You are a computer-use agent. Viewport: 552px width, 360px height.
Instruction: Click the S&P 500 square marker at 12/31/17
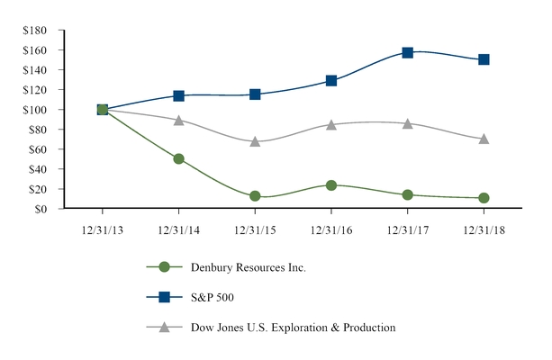click(408, 53)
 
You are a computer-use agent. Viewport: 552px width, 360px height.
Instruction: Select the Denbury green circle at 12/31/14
click(178, 158)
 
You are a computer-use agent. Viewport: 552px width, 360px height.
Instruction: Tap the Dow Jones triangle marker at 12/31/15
click(255, 141)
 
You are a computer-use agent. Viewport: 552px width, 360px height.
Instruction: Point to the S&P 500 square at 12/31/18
click(484, 59)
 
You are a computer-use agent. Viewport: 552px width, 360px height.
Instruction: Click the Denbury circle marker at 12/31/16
click(331, 185)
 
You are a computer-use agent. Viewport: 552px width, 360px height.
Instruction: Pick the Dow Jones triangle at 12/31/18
click(484, 139)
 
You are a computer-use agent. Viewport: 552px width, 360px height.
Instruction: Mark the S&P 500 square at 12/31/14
click(178, 95)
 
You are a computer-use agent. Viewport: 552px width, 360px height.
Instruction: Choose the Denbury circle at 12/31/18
click(484, 198)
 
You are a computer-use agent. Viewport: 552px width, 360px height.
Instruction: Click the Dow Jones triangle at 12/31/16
click(331, 124)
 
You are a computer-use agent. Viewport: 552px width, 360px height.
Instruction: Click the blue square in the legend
click(164, 297)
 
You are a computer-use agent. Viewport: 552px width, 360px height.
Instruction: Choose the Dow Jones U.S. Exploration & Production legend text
click(293, 328)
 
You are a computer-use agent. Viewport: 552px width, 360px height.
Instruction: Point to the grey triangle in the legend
click(164, 327)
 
